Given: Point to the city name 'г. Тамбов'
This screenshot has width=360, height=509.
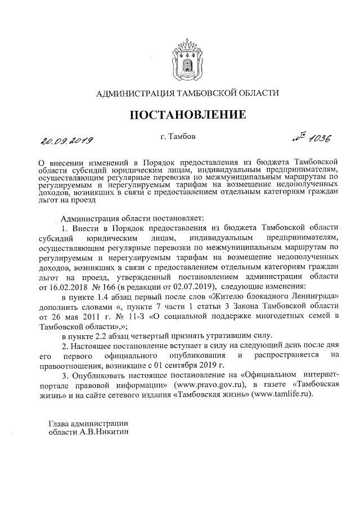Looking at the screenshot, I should [179, 136].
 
